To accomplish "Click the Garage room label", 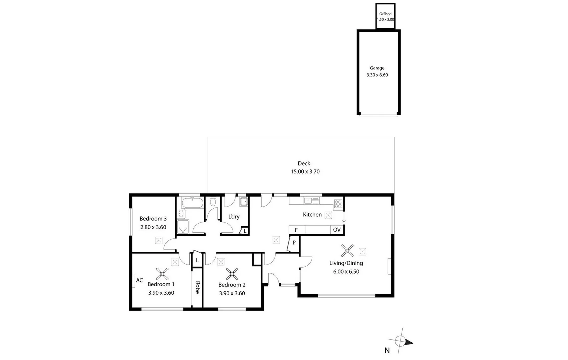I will pos(377,68).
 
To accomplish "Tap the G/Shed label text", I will pos(385,14).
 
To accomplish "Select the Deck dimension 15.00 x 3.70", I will pos(305,172).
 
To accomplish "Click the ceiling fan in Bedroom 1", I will pos(162,274).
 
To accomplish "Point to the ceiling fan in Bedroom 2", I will pos(232,274).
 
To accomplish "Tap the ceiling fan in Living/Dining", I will pos(347,250).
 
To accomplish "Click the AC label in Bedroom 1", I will pos(139,280).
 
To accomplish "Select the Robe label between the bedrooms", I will pos(197,287).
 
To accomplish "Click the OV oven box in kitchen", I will pos(337,230).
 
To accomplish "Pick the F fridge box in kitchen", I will pos(296,230).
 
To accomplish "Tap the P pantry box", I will pos(294,242).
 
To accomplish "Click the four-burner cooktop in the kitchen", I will pos(338,203).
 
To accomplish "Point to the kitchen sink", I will pos(311,201).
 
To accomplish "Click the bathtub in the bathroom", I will pos(192,203).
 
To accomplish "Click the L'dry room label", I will pos(234,217).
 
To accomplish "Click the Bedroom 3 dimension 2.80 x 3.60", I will pos(153,227).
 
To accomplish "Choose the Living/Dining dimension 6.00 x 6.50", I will pos(346,272).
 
